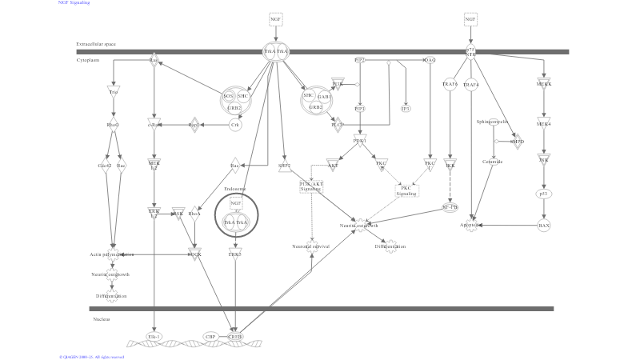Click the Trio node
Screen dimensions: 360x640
click(114, 92)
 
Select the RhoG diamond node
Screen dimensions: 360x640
click(113, 125)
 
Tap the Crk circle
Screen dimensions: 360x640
click(235, 125)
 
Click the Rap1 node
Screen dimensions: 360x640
click(193, 125)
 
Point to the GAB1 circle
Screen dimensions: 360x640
click(324, 96)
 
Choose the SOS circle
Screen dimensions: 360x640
click(229, 96)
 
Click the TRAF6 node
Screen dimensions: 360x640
click(450, 84)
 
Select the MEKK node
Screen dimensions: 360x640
click(544, 84)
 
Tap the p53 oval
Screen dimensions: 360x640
click(544, 193)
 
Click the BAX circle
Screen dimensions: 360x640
click(544, 226)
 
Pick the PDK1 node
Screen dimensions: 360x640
click(360, 141)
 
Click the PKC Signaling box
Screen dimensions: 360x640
click(408, 190)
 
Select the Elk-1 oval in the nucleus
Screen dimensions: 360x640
click(154, 337)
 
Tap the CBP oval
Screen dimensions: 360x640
click(210, 337)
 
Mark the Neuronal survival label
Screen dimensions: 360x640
click(311, 246)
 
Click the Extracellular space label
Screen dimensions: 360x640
click(96, 44)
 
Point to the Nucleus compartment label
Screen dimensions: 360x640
click(101, 318)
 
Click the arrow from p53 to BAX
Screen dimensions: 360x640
click(544, 210)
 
